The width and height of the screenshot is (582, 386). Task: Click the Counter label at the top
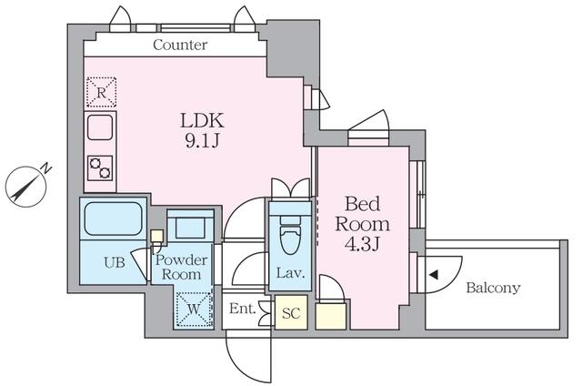[x=180, y=45]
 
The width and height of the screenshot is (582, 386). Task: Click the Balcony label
[x=493, y=289]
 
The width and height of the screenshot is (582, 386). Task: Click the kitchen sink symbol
[x=100, y=127]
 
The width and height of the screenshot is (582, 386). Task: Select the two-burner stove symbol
[x=100, y=167]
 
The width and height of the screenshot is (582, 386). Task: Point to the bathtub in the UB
[x=112, y=219]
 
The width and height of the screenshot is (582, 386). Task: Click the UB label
[x=113, y=262]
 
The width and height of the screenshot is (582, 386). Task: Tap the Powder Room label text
[x=183, y=267]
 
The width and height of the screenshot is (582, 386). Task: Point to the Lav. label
[x=290, y=274]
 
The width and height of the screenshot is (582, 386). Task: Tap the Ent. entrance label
[x=242, y=310]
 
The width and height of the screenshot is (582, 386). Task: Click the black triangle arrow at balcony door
[x=435, y=274]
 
